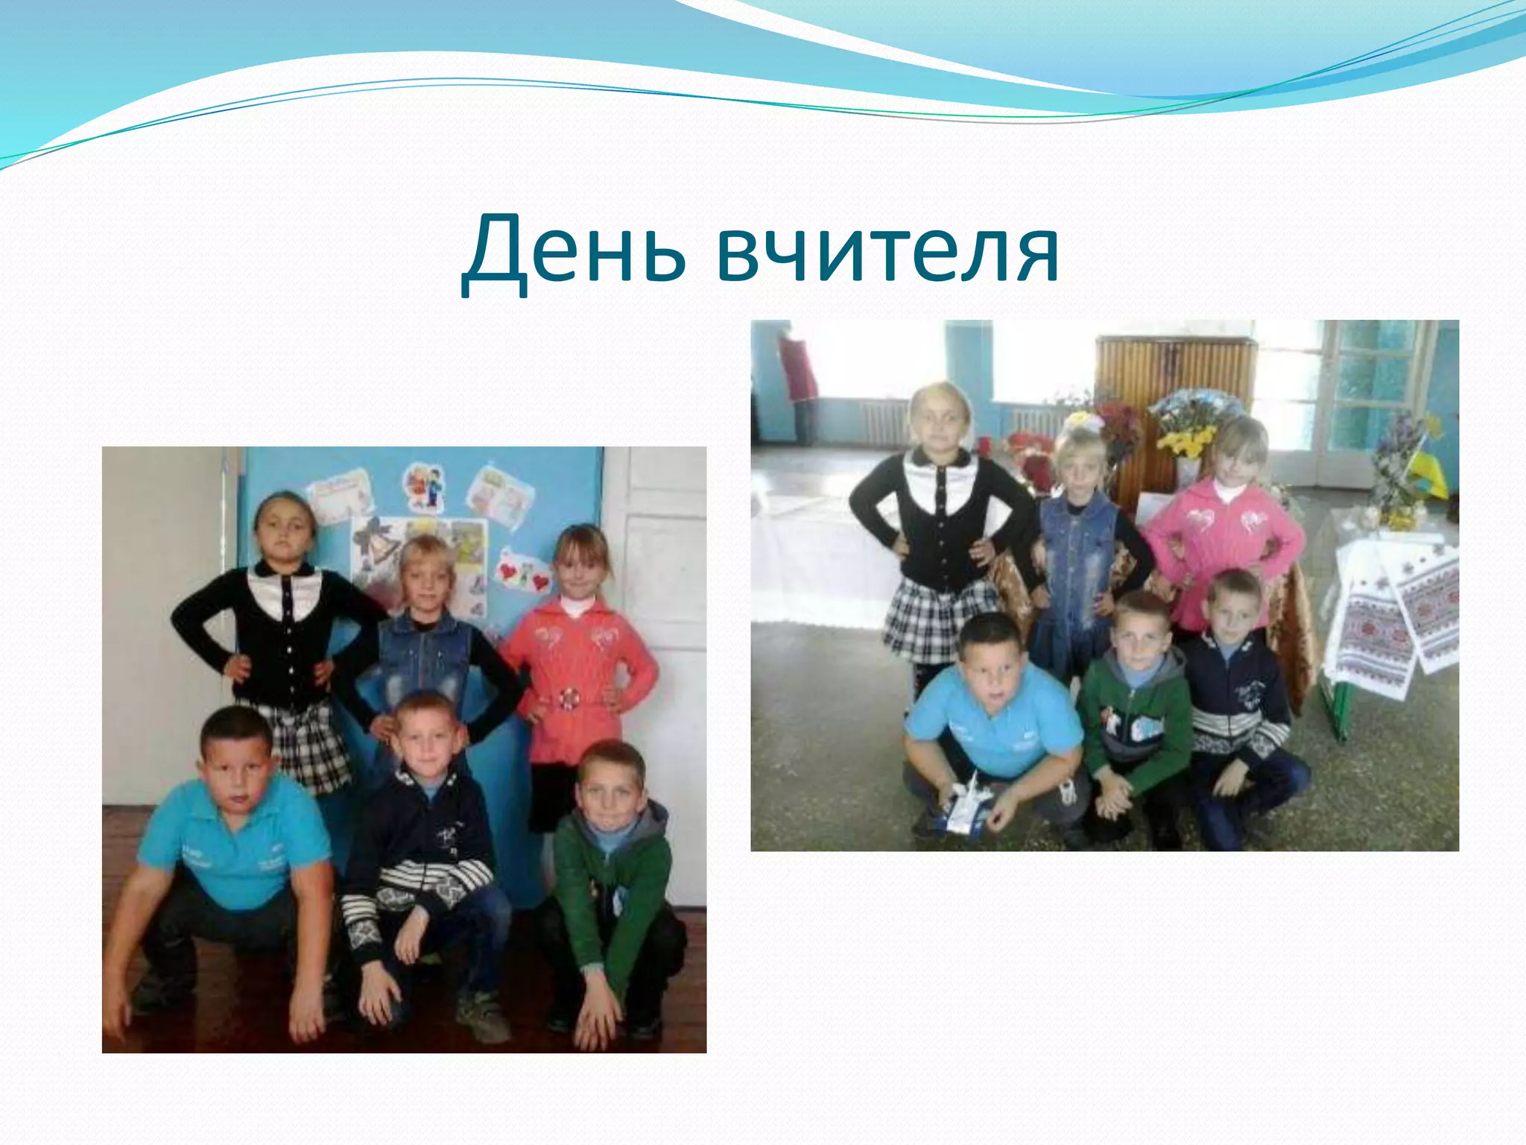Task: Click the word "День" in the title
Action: (574, 250)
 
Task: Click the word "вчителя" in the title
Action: (887, 250)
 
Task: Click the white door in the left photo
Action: (656, 596)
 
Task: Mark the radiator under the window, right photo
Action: (883, 421)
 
